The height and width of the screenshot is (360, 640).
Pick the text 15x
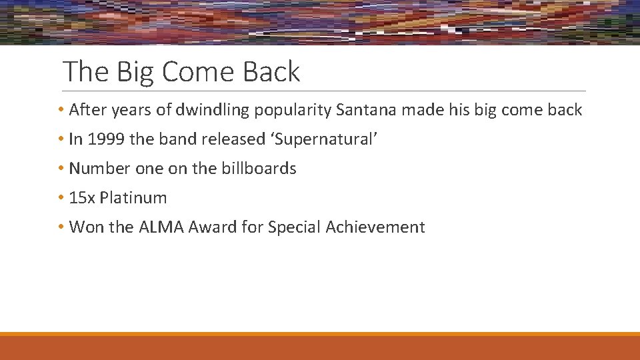tap(82, 198)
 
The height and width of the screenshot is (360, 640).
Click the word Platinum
tap(133, 198)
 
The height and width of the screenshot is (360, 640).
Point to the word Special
tap(294, 227)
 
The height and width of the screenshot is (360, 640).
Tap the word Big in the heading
tap(135, 71)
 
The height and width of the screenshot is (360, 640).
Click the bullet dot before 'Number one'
tap(61, 169)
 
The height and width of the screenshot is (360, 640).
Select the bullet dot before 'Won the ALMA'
tap(61, 227)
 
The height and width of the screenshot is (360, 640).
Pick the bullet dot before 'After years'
tap(61, 110)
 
